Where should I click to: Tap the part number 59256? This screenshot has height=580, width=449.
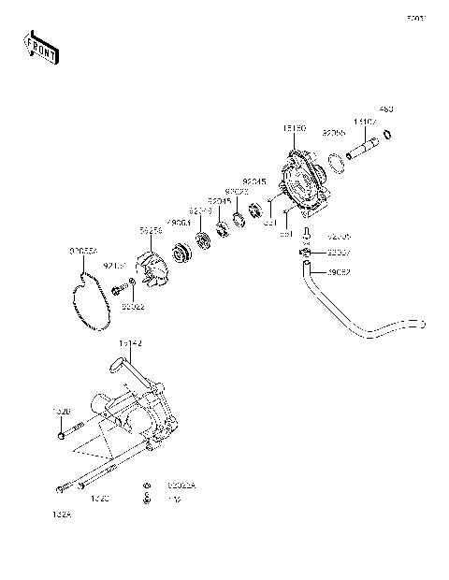(151, 228)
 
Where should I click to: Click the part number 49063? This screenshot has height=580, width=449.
(179, 223)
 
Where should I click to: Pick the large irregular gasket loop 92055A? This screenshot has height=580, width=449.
(91, 297)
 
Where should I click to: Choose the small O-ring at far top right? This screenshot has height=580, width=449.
(388, 135)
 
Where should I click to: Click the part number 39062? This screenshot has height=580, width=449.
(339, 272)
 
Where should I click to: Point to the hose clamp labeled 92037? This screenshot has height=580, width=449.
(306, 253)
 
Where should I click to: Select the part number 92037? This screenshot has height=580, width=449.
(340, 253)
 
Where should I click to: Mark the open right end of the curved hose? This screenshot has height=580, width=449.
(422, 326)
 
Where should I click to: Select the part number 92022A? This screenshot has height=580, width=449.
(182, 486)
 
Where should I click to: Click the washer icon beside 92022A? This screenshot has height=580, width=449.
(147, 486)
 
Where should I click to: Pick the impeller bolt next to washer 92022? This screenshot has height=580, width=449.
(119, 291)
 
